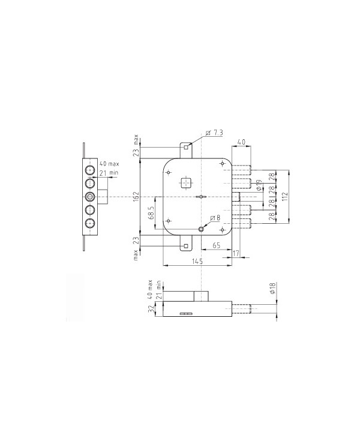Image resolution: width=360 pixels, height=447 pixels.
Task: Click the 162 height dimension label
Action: (136, 196)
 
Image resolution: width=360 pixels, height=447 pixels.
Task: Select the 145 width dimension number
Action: (197, 261)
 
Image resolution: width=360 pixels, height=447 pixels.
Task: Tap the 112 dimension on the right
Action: (285, 196)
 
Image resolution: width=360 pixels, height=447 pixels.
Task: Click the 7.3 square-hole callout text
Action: (215, 132)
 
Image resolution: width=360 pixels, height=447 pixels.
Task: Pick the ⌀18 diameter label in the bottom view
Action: (272, 289)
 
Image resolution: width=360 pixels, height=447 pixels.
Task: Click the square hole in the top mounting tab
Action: (187, 146)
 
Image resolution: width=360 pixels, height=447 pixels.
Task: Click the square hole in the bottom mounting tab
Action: (187, 245)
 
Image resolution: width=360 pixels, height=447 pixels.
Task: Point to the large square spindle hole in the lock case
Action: (187, 182)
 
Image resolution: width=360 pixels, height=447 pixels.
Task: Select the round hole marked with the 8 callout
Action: (202, 228)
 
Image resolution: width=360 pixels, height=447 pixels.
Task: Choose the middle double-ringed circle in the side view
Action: (90, 196)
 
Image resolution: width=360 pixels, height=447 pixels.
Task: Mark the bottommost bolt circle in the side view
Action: (90, 224)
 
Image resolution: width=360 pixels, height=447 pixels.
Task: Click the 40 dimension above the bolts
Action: (241, 142)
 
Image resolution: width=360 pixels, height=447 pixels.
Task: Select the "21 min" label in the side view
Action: (109, 173)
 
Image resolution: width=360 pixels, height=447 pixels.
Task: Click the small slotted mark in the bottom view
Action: (187, 313)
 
